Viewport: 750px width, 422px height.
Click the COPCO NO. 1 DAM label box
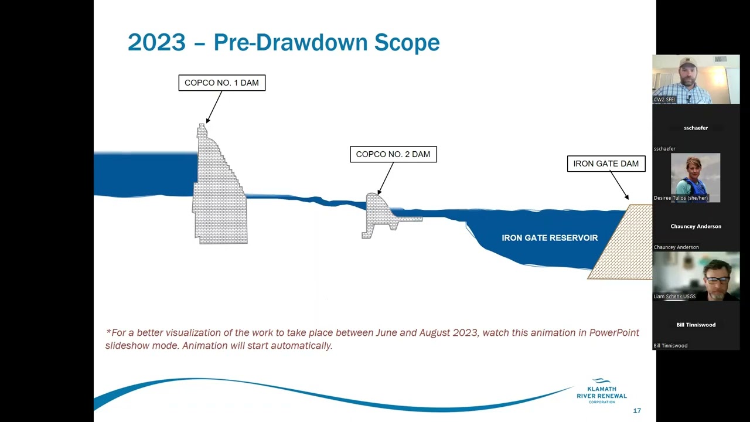221,83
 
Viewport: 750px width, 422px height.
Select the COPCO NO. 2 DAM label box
393,154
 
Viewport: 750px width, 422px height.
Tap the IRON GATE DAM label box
606,164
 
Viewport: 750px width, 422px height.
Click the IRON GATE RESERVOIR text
550,238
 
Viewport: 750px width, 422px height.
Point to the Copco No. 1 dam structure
220,193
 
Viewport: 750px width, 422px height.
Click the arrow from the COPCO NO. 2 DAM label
386,178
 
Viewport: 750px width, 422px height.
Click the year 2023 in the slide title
156,42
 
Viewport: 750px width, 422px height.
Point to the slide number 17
637,411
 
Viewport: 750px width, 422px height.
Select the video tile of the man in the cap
696,79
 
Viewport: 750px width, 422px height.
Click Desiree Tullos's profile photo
696,178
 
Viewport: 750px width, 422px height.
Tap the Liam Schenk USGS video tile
696,276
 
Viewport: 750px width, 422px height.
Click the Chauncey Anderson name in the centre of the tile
696,226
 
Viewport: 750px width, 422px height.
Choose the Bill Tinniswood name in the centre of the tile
696,325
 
